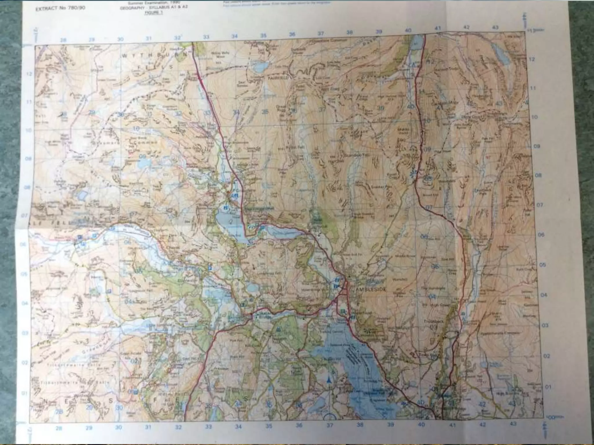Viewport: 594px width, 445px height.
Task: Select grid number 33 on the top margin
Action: coord(206,37)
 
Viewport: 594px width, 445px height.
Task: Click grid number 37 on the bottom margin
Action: coord(330,425)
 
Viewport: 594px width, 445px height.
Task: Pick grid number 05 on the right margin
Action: coord(543,265)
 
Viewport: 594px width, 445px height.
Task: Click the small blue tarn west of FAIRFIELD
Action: coord(261,68)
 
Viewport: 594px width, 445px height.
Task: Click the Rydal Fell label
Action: coord(290,147)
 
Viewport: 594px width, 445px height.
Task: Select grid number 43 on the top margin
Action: coord(495,27)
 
